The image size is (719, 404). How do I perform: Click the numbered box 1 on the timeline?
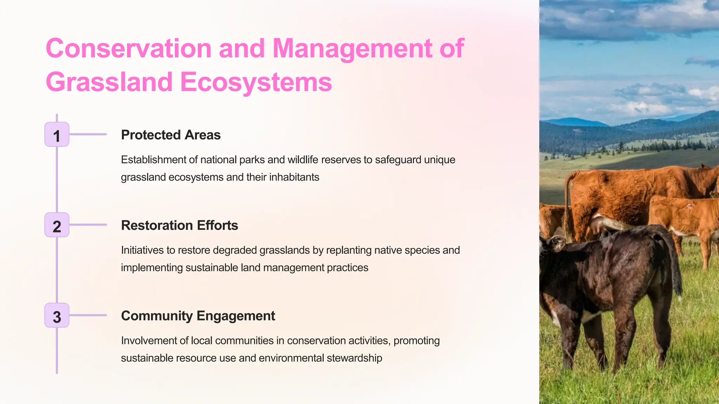click(x=57, y=135)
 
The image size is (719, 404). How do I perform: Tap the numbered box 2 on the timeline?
click(x=57, y=225)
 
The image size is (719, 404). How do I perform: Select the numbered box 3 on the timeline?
click(x=57, y=316)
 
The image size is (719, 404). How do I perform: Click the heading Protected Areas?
click(x=171, y=135)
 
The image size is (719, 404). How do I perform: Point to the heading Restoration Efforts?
click(x=179, y=225)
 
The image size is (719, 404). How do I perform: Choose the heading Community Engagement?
click(x=198, y=316)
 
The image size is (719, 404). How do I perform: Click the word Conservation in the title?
click(x=128, y=48)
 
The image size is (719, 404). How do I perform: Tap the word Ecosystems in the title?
click(x=256, y=82)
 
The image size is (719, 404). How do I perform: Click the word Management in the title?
click(x=352, y=48)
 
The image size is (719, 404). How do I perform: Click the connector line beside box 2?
click(x=88, y=225)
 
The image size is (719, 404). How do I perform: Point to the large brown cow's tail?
click(x=567, y=200)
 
